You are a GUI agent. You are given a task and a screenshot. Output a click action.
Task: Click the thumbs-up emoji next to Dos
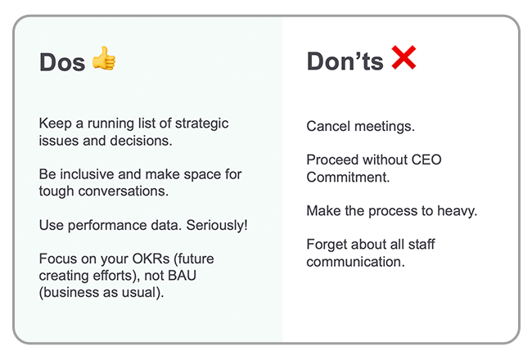pos(104,58)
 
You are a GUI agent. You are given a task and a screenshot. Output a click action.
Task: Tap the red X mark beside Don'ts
pos(404,57)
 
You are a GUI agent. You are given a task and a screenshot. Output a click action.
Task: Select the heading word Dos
pos(62,62)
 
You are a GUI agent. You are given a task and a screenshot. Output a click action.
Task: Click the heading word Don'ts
pos(345,61)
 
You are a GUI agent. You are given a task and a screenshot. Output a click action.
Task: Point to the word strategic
pos(201,124)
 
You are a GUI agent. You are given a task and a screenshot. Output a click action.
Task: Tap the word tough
pos(56,191)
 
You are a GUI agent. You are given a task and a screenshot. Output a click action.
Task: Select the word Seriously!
pos(217,225)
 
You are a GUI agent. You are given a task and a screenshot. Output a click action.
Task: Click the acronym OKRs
pos(151,259)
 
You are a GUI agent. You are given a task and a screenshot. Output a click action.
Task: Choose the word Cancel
pos(328,126)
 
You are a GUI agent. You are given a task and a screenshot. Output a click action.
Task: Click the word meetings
pos(385,127)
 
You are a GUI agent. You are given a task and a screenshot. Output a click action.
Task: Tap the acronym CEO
pos(426,160)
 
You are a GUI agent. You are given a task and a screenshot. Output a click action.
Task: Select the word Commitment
pos(348,177)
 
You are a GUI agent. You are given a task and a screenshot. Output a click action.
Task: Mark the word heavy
pos(457,211)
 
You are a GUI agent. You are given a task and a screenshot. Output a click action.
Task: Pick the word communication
pos(355,262)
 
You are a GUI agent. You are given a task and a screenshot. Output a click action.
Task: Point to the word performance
pos(107,226)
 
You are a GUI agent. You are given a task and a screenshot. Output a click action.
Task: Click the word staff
pos(422,245)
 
